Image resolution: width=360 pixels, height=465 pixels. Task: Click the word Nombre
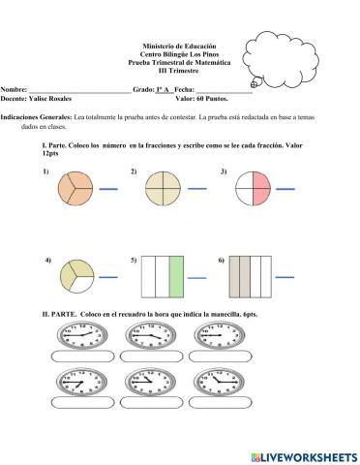(x=14, y=89)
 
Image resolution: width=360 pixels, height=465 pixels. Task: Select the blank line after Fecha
(x=225, y=91)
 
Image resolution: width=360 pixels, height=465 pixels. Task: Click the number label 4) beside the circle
(x=47, y=262)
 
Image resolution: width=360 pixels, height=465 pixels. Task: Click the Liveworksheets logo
(x=303, y=455)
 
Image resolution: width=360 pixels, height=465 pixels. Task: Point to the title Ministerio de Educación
(x=179, y=46)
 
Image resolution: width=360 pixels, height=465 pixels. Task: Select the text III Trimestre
(x=179, y=70)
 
